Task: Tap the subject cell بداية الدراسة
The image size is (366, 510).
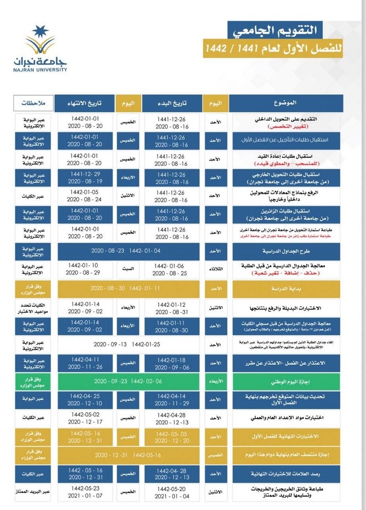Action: pos(286,289)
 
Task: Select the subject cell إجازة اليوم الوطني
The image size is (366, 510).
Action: pos(286,381)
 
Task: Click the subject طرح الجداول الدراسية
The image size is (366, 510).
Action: pos(286,251)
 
